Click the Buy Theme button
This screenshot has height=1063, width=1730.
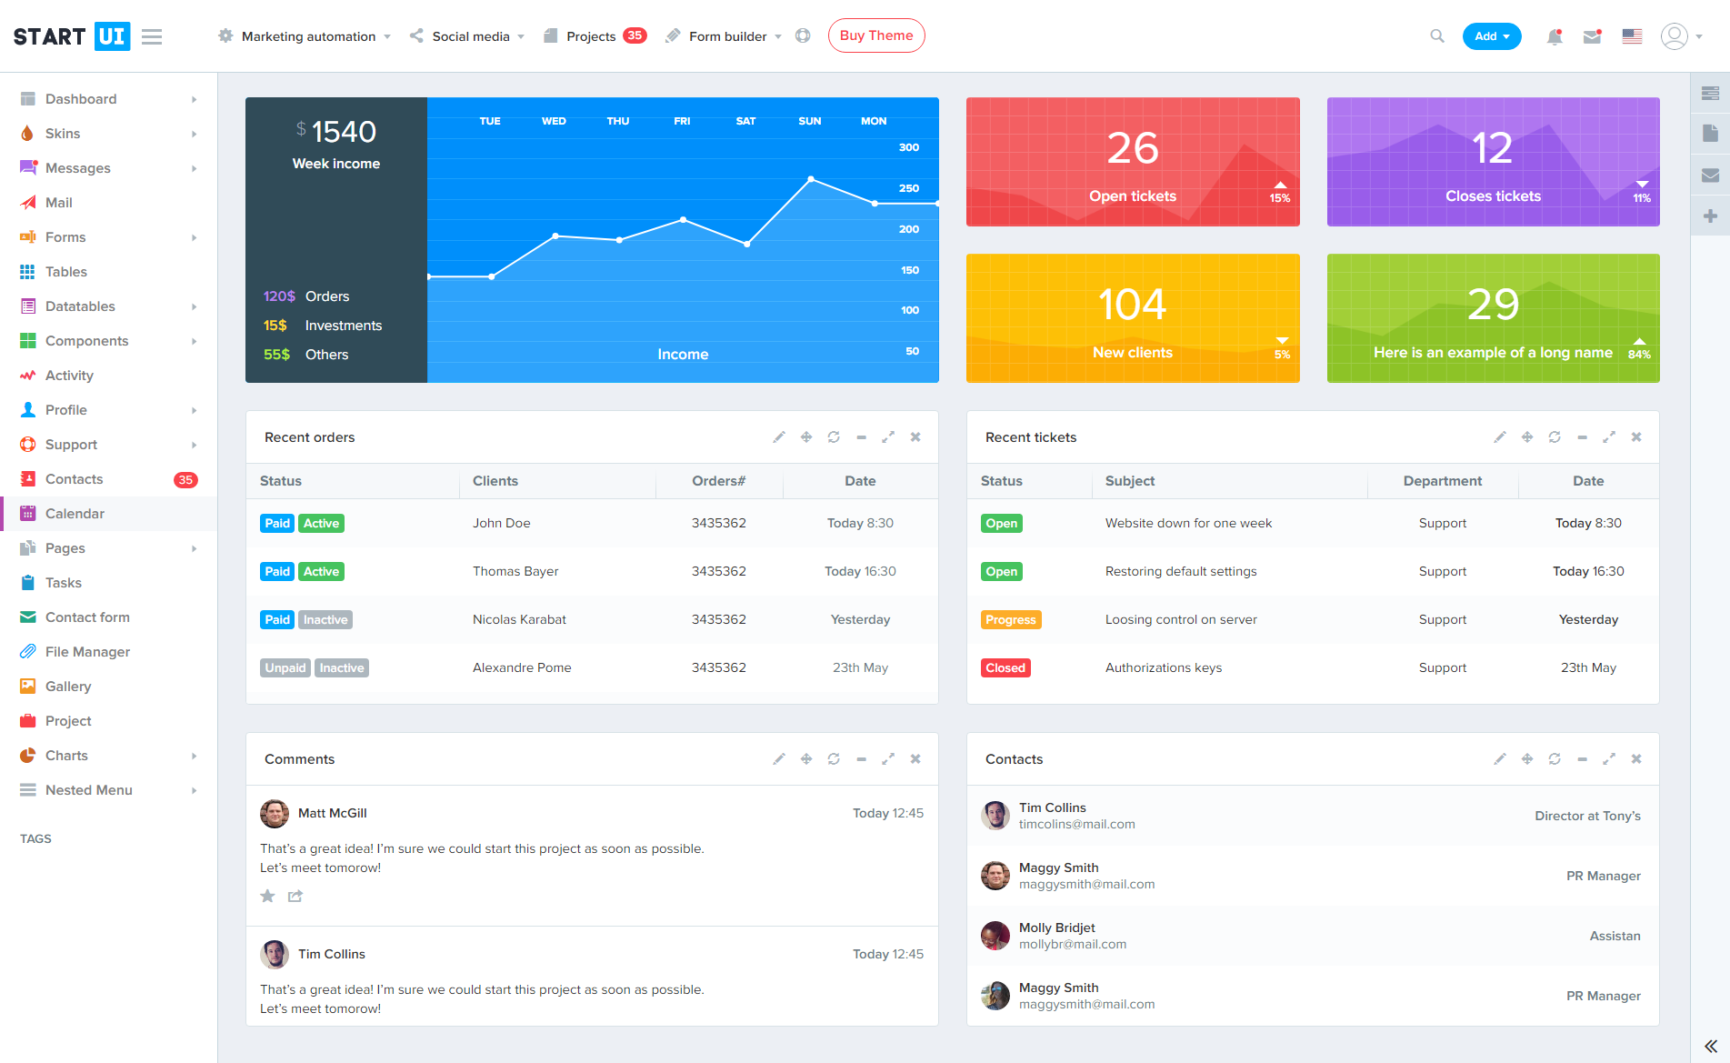tap(876, 35)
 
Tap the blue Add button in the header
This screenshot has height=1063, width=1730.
tap(1491, 36)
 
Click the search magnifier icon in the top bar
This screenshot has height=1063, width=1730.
tap(1437, 36)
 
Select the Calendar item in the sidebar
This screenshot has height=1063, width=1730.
tap(75, 514)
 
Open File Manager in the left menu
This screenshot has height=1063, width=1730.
tap(87, 652)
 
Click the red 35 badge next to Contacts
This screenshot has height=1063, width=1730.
tap(185, 480)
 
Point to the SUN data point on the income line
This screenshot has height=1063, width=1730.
tap(811, 179)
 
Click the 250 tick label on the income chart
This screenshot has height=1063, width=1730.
tap(909, 188)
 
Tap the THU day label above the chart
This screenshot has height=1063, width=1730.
tap(618, 121)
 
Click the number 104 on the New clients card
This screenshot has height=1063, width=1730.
tap(1132, 305)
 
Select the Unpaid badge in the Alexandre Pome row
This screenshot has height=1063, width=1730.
tap(285, 668)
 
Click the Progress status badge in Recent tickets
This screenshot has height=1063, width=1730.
tap(1011, 620)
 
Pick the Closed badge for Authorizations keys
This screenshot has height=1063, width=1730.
tap(1005, 668)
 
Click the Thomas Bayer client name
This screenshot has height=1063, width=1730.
tap(515, 571)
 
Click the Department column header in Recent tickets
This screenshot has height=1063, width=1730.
tap(1443, 481)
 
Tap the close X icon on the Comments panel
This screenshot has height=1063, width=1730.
tap(915, 759)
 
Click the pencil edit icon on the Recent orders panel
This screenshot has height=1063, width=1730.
tap(779, 437)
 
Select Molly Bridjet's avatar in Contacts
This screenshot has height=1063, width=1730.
tap(995, 936)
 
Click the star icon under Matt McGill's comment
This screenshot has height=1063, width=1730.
tap(267, 897)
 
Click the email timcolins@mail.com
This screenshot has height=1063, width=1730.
tap(1076, 825)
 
